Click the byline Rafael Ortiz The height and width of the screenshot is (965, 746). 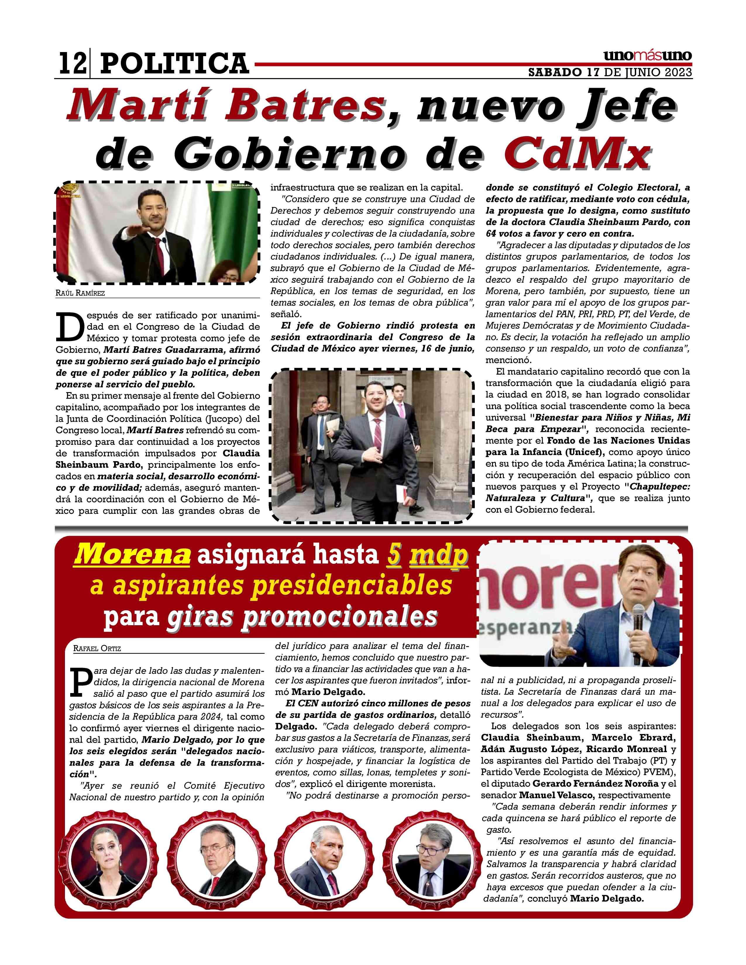coord(97,649)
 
